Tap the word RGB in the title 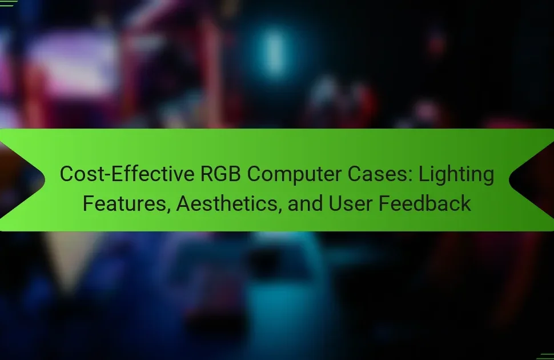(x=221, y=174)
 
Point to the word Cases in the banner (x=377, y=174)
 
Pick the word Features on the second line (x=124, y=203)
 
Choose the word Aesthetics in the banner (x=227, y=203)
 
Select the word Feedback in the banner (x=425, y=203)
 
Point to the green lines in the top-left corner (x=8, y=3)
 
